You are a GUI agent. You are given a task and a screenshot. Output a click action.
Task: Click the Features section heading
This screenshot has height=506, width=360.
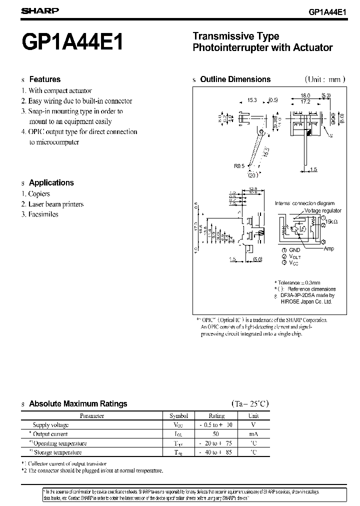pos(44,79)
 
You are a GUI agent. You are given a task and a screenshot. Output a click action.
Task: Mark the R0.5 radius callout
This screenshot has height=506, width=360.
pos(239,166)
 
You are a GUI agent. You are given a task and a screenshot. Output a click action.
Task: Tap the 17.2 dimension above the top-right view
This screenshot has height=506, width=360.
pos(305,101)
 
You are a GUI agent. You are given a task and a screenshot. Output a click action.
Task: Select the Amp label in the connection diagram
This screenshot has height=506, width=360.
pos(328,249)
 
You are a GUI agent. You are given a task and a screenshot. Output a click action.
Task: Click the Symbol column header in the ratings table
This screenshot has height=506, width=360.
pos(178,415)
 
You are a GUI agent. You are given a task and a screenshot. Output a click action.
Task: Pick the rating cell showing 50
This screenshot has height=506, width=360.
pos(216,434)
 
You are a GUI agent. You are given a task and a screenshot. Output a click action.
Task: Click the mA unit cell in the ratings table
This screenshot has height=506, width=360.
pos(253,434)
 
